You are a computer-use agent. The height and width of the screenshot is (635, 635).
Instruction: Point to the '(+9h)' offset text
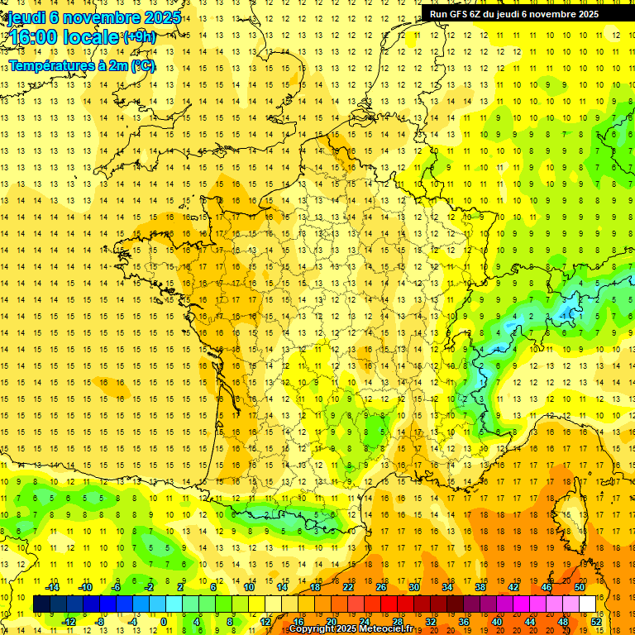tap(138, 37)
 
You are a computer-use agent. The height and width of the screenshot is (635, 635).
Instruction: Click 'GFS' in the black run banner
tap(461, 14)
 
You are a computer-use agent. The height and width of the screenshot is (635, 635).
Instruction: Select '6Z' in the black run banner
tap(480, 14)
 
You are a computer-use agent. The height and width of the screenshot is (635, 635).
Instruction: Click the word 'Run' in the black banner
tap(439, 14)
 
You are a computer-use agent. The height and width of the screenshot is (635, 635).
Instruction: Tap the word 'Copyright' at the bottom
tap(312, 629)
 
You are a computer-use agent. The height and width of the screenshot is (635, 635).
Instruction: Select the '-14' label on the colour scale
tap(54, 587)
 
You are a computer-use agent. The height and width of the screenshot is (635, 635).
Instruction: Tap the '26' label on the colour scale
tap(381, 587)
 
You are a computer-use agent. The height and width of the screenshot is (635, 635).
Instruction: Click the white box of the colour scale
tap(588, 604)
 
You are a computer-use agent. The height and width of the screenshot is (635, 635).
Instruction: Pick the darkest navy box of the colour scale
tap(41, 604)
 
